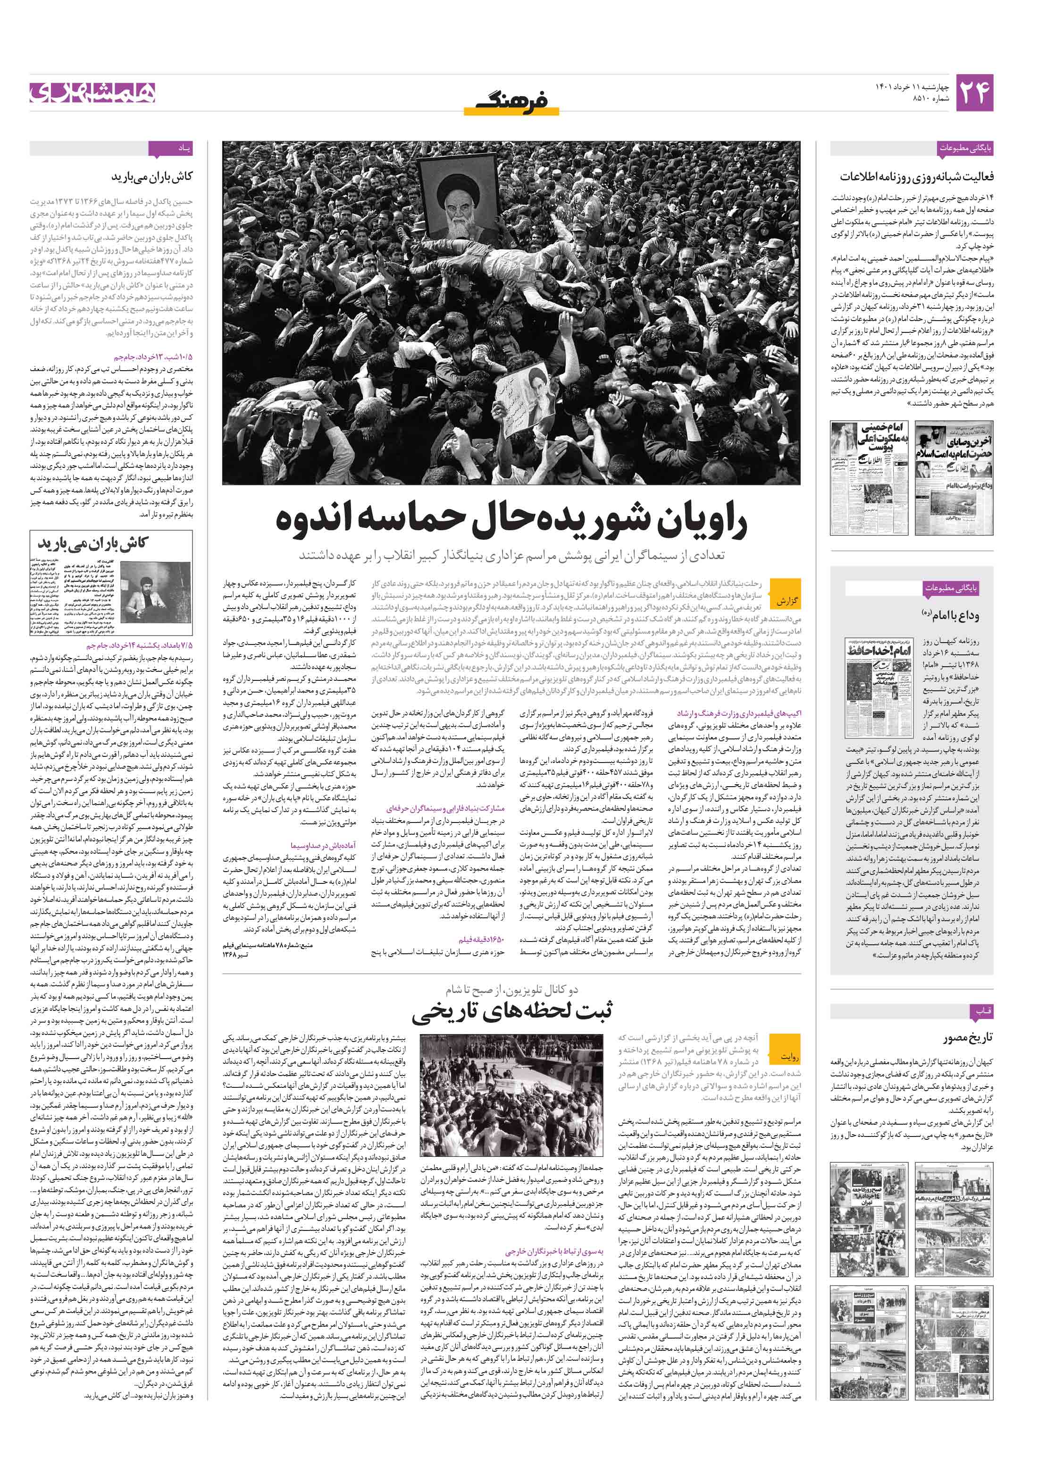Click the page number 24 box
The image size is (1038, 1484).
click(973, 93)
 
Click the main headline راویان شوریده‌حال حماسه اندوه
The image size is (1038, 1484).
click(511, 521)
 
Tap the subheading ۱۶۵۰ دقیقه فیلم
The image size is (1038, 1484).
click(481, 939)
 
